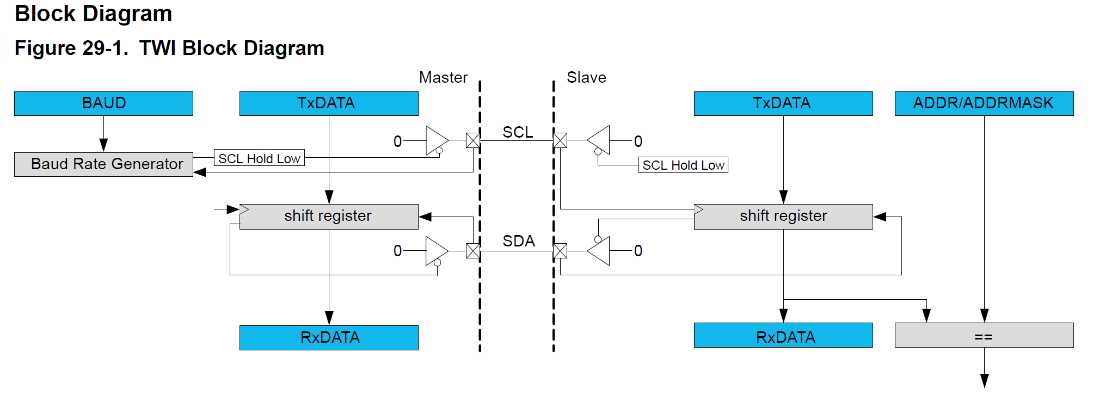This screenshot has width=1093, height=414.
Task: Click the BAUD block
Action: click(103, 103)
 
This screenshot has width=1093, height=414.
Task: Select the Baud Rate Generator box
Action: click(103, 164)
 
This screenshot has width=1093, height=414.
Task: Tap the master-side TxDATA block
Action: click(329, 103)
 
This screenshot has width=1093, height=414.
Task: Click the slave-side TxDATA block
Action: click(783, 103)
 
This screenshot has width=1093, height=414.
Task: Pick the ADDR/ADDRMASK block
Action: click(984, 103)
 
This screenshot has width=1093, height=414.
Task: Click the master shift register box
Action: click(329, 217)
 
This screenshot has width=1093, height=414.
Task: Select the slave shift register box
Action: click(783, 217)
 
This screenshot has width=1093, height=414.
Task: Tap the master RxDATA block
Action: click(329, 337)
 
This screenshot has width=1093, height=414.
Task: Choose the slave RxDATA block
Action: click(783, 335)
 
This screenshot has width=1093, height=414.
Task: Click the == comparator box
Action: click(984, 335)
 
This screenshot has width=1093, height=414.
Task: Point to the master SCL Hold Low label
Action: click(259, 158)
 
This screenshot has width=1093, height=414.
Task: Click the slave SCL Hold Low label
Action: click(683, 165)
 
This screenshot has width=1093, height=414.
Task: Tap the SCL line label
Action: click(517, 132)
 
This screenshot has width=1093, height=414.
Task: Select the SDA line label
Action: click(518, 241)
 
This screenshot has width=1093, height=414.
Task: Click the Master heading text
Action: click(443, 78)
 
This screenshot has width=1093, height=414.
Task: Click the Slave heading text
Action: click(586, 78)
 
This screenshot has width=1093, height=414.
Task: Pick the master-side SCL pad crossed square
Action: click(473, 140)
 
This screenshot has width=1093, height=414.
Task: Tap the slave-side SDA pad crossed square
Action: click(560, 251)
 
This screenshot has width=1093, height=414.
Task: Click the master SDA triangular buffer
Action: click(435, 251)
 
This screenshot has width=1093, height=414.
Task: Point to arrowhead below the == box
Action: click(984, 380)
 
